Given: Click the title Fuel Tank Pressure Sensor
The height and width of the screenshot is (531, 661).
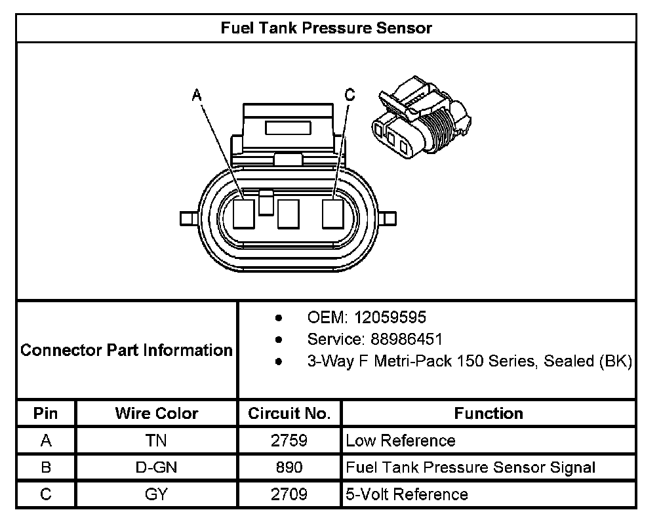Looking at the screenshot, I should [325, 28].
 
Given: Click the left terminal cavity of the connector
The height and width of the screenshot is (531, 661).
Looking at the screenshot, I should [243, 214].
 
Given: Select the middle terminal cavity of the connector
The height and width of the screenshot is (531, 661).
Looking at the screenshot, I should [288, 214].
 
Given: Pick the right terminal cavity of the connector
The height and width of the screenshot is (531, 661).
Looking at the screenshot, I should [332, 214].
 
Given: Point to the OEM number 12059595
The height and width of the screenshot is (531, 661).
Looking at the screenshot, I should [390, 317].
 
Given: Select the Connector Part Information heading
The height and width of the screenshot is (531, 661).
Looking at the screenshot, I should [127, 350].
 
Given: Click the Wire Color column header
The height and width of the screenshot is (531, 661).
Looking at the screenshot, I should [157, 414].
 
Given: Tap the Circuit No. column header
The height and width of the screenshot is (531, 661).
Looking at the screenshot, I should [289, 414].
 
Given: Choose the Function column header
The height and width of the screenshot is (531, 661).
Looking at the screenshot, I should [489, 414].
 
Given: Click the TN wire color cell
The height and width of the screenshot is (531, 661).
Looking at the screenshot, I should [157, 441].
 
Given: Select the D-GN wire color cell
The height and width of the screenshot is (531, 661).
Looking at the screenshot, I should [157, 468].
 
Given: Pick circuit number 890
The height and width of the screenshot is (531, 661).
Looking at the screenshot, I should [289, 468].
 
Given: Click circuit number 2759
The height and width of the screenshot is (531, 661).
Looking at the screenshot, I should [289, 441].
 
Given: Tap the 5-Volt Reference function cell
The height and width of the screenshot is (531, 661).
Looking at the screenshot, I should [407, 494].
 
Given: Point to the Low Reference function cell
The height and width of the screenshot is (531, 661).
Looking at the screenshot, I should [400, 441].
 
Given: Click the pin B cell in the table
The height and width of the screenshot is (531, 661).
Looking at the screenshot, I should [46, 468].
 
